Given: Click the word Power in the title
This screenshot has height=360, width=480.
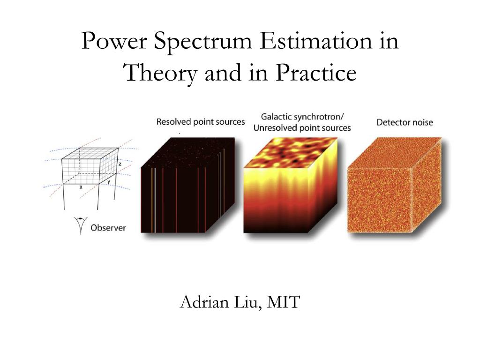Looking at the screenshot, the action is pos(114,40).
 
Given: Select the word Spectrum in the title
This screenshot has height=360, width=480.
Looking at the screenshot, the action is pos(202,42).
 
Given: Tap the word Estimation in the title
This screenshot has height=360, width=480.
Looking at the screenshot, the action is pos(316,40).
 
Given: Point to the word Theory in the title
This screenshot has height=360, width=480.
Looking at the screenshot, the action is pos(160,74).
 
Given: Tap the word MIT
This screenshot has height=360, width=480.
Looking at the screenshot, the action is pos(283,302).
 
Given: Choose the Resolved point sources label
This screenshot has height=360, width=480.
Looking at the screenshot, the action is pos(201,122).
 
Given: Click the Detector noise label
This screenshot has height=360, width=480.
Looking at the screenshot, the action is pos(405,122).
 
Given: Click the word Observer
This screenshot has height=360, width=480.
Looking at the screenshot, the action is pos(108,228).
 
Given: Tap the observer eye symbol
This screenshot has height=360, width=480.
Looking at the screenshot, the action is pos(81,225).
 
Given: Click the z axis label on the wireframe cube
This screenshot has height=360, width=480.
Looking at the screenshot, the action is pos(120,164).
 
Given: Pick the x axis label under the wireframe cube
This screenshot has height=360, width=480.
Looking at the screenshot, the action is pos(81,187).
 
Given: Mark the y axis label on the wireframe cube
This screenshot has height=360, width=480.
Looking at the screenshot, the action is pos(109,182).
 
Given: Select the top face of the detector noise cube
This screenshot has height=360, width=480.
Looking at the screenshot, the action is pos(395,153).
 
